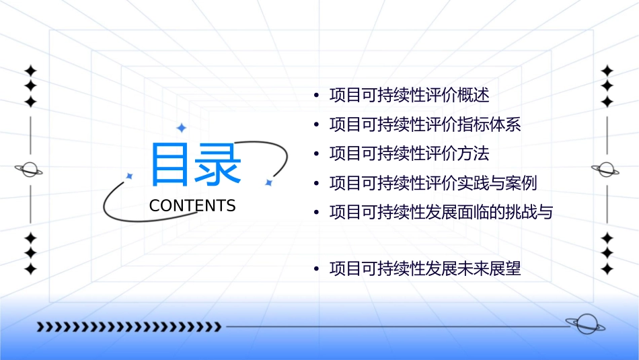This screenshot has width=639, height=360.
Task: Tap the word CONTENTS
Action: [x=192, y=206]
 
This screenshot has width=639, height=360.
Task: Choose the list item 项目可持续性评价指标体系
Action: [x=425, y=125]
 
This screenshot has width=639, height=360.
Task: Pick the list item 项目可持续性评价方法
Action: [x=409, y=154]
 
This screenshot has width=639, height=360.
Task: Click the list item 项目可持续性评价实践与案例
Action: [x=433, y=183]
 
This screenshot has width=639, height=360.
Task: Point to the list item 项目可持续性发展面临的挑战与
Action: [x=441, y=213]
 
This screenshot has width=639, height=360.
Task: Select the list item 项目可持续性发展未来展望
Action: [x=425, y=270]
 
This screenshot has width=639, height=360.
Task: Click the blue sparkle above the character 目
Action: [x=181, y=128]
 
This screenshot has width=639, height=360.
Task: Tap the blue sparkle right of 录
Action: [x=268, y=182]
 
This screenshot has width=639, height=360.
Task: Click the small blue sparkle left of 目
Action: [x=129, y=176]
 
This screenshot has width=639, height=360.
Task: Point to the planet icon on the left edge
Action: [x=29, y=170]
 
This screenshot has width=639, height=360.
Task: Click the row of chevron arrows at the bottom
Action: [x=128, y=327]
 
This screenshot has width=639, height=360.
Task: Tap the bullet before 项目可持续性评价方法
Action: [x=316, y=154]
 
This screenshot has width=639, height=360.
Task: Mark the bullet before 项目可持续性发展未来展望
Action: [x=316, y=270]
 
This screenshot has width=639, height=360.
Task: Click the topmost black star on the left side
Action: [x=30, y=71]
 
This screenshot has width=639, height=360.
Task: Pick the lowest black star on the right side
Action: [x=607, y=269]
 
